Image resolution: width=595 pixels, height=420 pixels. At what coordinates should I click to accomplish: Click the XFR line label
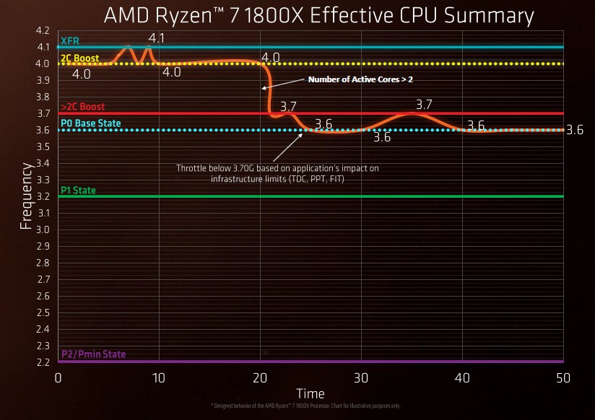point(70,41)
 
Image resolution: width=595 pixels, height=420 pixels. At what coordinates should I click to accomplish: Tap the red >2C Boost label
point(83,107)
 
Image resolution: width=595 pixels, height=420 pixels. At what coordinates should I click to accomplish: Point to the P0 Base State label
point(91,123)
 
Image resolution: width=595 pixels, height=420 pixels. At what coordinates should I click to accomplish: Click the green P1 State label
point(78,191)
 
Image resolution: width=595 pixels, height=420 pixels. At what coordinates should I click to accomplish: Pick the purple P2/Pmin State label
point(93,354)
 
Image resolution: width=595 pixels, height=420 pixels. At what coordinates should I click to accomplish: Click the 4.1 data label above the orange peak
point(157,38)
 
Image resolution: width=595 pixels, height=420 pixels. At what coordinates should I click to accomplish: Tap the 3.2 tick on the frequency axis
point(43,196)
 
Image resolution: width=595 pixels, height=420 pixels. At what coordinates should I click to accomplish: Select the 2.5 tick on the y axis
point(43,312)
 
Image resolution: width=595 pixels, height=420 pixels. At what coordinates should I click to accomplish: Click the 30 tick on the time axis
point(362,378)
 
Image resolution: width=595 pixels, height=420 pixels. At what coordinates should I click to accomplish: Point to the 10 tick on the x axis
point(159,378)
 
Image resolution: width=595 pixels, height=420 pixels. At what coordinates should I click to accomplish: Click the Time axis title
point(310,393)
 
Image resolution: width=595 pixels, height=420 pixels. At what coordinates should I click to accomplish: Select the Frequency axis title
point(26,196)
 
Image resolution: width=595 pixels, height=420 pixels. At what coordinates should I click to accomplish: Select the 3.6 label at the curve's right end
point(575,131)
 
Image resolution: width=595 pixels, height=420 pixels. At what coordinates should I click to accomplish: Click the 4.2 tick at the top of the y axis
point(43,30)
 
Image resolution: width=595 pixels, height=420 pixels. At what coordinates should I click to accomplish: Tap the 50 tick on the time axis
point(564,378)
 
